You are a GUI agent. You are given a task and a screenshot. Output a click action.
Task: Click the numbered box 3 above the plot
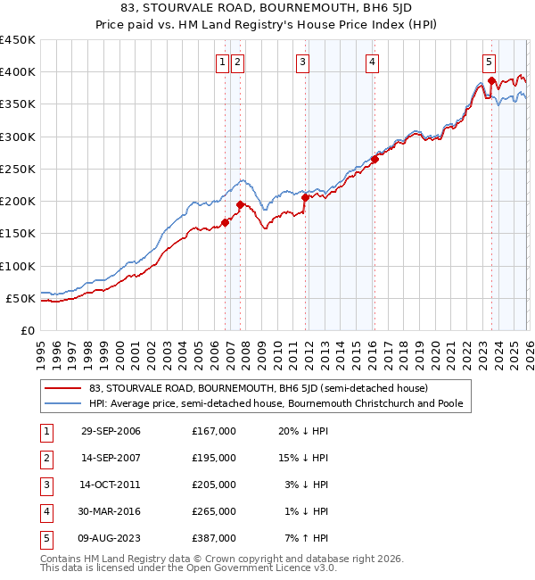tap(303, 62)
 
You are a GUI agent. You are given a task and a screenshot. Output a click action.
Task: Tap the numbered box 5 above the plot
tap(490, 62)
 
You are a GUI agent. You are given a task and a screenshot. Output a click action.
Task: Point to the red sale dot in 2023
tap(491, 81)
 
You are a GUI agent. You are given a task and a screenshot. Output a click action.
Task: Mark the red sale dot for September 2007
tap(240, 204)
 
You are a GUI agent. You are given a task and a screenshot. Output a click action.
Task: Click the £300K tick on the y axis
tap(17, 137)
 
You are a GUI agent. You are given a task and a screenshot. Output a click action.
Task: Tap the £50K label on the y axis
tap(21, 298)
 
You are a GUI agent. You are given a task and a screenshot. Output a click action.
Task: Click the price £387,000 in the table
tap(214, 538)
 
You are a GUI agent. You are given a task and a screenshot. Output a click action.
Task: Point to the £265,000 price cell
tap(214, 511)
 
